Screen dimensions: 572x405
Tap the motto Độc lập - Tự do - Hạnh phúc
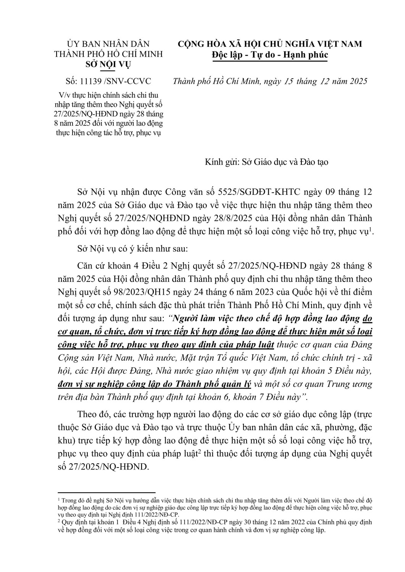point(270,55)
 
